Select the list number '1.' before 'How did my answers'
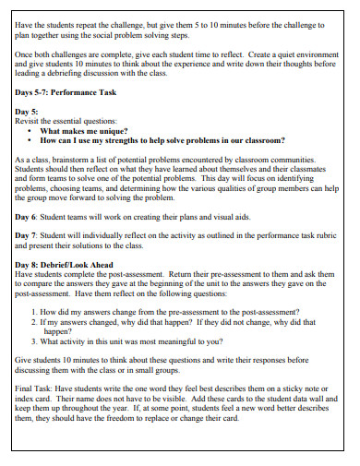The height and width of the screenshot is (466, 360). click(34, 313)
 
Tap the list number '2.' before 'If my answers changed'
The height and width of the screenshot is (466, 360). click(34, 323)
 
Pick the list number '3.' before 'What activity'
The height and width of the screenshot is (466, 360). click(34, 341)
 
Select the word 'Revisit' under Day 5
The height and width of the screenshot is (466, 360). click(30, 121)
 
